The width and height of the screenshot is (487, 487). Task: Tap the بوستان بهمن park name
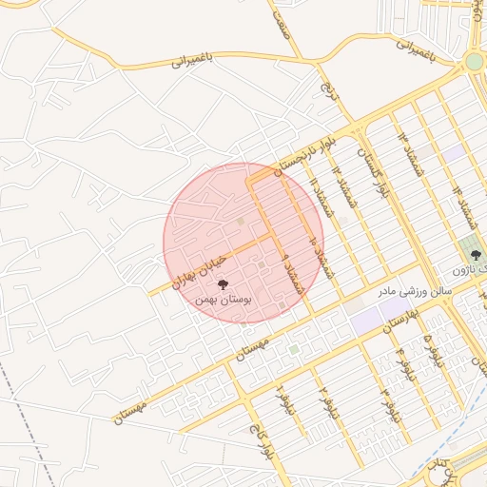click(x=223, y=299)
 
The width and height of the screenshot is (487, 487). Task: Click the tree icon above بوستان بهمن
click(x=224, y=284)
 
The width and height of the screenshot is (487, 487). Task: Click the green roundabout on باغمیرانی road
click(x=474, y=63)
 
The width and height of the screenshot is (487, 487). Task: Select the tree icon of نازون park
click(x=474, y=255)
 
